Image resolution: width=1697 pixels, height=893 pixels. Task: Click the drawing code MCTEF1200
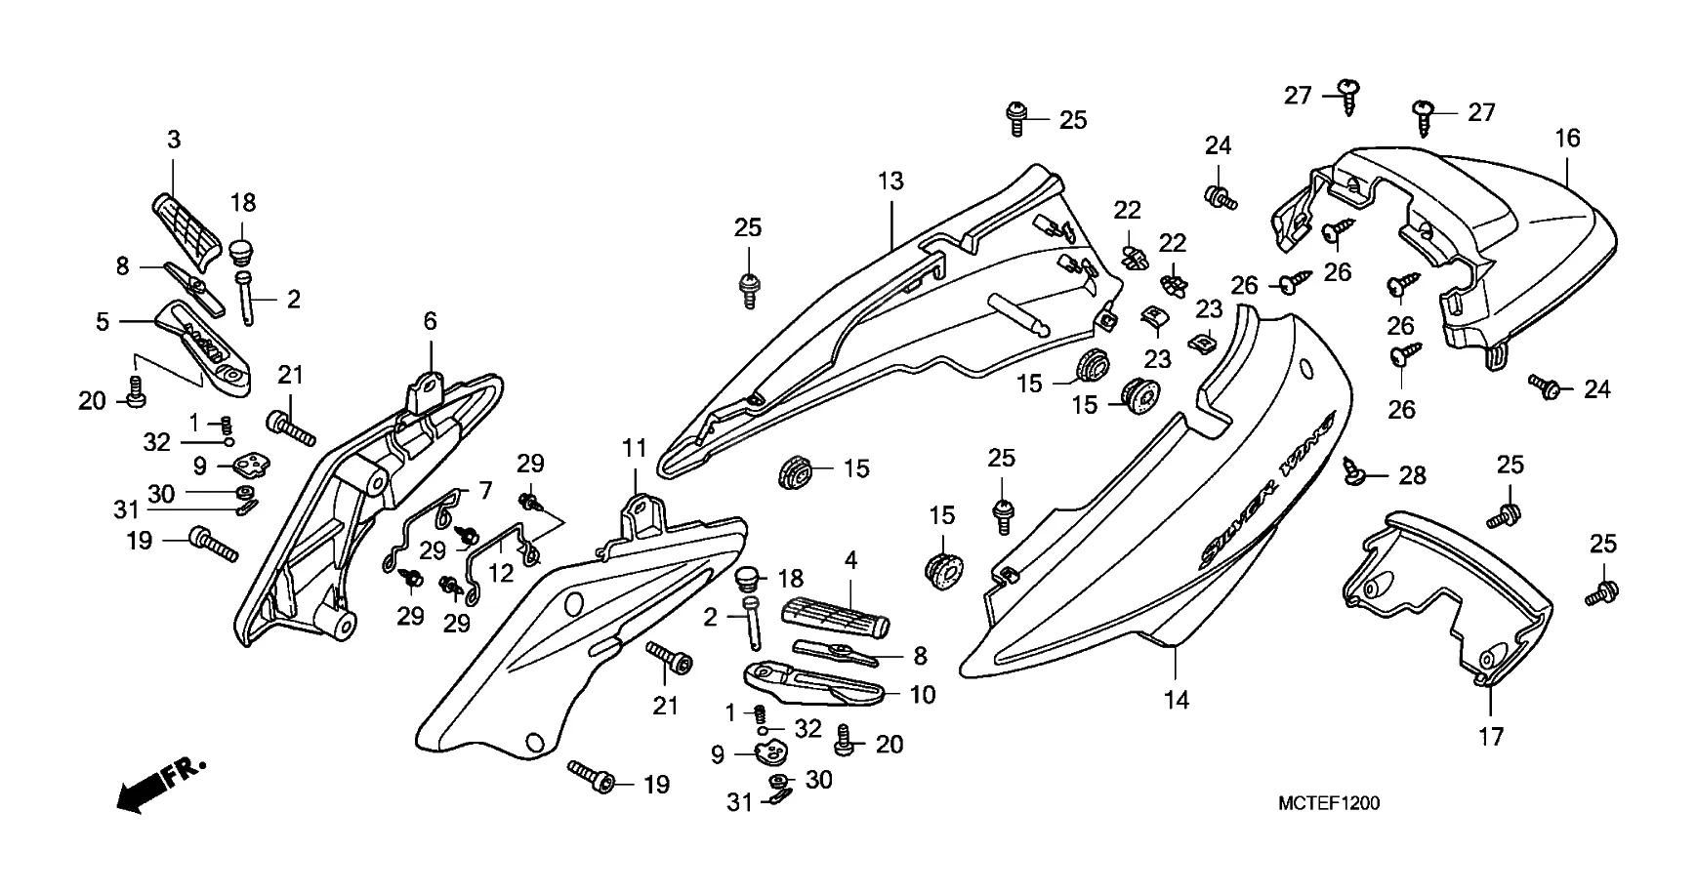tap(1329, 803)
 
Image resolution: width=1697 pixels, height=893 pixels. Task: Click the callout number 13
tap(890, 181)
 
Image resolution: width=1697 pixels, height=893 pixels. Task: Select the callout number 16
tap(1567, 139)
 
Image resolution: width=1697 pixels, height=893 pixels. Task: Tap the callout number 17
tap(1491, 737)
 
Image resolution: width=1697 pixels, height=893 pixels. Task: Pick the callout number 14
tap(1177, 700)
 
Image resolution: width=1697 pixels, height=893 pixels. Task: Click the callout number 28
tap(1412, 475)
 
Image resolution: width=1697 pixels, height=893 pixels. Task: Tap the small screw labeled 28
tap(1354, 471)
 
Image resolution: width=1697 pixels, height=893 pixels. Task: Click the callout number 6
tap(430, 321)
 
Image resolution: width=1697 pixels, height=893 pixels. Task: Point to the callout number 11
tap(635, 449)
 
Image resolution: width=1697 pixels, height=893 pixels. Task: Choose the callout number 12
tap(501, 573)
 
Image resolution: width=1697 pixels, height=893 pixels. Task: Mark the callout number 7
tap(485, 491)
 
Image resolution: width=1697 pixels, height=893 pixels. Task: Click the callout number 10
tap(922, 695)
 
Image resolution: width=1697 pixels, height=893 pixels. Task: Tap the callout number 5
tap(103, 321)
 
